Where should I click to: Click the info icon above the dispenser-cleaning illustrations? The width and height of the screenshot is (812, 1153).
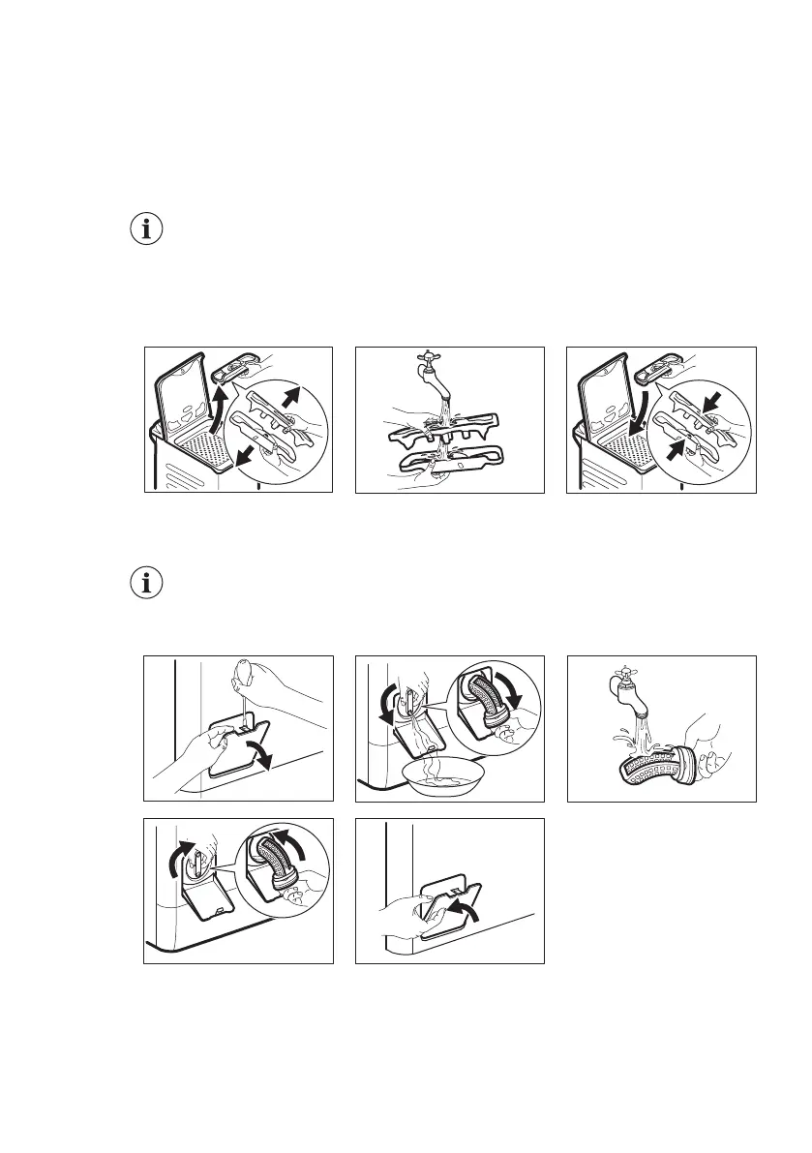click(147, 230)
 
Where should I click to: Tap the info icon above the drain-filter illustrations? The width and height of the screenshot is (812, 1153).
click(147, 584)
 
